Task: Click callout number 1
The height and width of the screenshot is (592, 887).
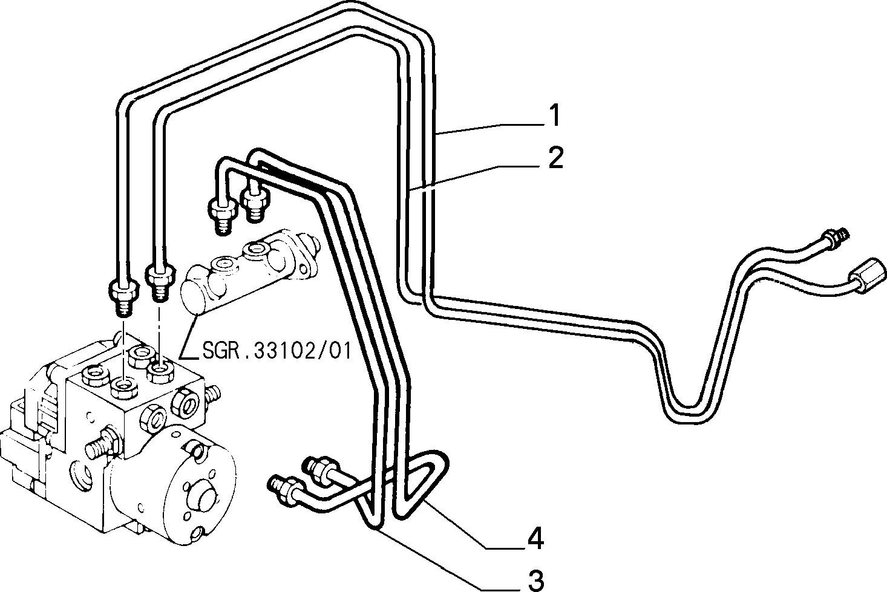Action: (x=555, y=115)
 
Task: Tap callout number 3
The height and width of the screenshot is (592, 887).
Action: (x=536, y=581)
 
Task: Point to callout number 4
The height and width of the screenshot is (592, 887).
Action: (x=535, y=539)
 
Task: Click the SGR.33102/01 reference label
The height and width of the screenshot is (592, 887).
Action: (x=277, y=351)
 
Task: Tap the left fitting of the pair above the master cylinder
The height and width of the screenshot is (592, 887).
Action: (x=223, y=216)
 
